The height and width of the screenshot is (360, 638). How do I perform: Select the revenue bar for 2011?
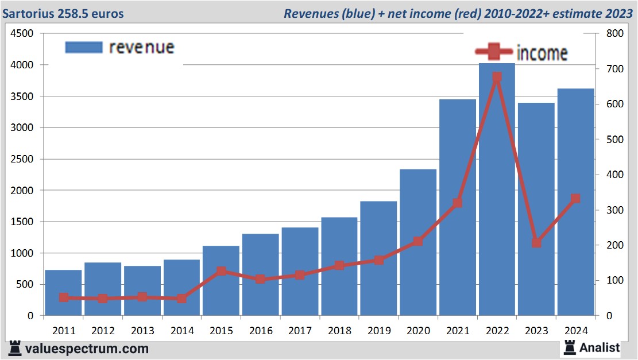click(x=63, y=293)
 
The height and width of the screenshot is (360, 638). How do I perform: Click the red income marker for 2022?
click(x=497, y=78)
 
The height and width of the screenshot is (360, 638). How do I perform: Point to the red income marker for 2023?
click(x=536, y=243)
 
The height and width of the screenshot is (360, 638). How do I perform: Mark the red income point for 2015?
click(x=222, y=271)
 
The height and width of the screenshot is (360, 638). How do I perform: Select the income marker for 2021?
click(x=457, y=203)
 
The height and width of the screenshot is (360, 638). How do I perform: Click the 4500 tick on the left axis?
click(x=22, y=34)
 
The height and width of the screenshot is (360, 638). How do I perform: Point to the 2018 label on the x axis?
click(x=339, y=331)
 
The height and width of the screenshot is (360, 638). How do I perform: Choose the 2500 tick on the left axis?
click(x=22, y=159)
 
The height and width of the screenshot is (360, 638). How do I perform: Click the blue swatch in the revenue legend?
click(x=84, y=47)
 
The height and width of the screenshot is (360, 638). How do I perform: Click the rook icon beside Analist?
click(x=570, y=347)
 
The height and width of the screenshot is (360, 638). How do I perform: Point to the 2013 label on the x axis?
click(x=142, y=331)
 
